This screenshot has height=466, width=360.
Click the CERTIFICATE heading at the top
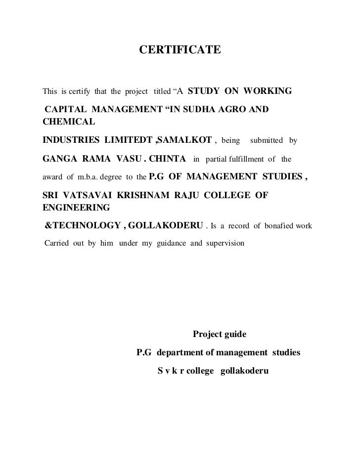click(x=180, y=50)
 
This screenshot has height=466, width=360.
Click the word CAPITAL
click(x=66, y=109)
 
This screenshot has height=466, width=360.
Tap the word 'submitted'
click(x=266, y=141)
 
